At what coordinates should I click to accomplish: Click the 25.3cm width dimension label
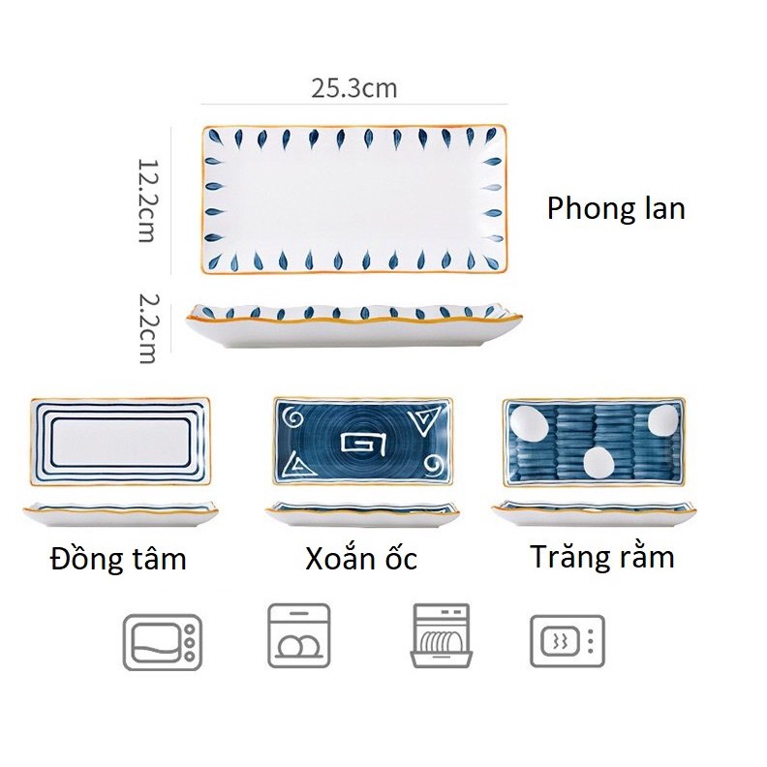354,88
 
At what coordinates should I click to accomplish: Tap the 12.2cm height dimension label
147,200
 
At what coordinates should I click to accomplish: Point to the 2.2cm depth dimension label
147,328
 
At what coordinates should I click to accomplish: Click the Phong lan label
616,209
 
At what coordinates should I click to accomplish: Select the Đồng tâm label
118,558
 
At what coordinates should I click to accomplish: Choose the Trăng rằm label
602,556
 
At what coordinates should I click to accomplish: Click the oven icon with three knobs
163,642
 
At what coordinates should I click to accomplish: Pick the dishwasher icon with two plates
299,635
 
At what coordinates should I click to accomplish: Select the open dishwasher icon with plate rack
442,635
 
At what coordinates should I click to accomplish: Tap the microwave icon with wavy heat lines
568,641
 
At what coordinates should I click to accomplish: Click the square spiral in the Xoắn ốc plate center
364,444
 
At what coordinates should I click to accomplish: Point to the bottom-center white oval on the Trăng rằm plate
598,463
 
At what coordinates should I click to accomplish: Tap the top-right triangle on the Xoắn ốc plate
422,422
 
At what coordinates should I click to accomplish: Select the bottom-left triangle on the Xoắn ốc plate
298,464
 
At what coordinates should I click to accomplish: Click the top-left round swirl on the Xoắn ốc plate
293,418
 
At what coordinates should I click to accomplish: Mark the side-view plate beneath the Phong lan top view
354,325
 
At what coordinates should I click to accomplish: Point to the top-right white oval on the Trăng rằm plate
663,419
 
